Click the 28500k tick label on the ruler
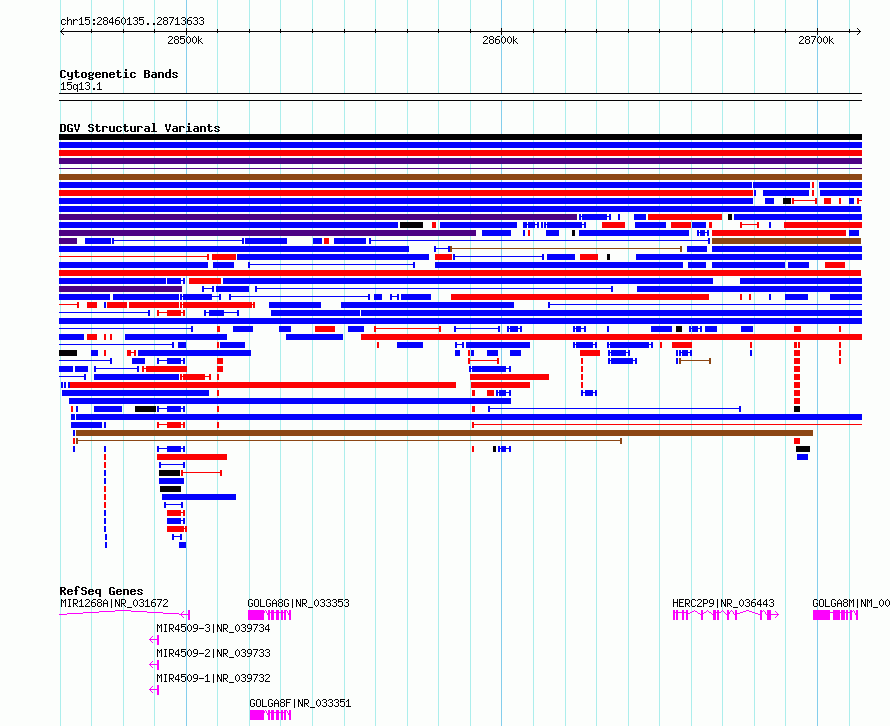185,40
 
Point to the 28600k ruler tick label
500,40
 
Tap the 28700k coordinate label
816,40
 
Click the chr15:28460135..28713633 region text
132,21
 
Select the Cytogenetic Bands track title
119,74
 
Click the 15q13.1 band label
81,87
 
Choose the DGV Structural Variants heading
140,128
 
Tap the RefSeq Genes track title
101,591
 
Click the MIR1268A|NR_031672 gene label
114,603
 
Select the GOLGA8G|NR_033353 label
298,603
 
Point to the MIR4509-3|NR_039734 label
213,628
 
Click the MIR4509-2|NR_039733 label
213,653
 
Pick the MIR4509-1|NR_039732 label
213,678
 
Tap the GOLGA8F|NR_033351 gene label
300,703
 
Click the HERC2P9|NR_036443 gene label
723,603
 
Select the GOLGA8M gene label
850,603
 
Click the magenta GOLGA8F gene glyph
270,715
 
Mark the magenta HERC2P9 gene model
725,615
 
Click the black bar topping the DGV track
460,137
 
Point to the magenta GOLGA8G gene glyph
270,615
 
